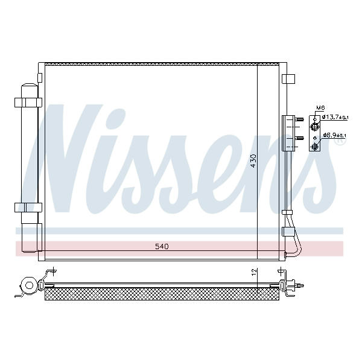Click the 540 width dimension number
(162, 247)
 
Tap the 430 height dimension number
(253, 160)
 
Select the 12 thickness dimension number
(254, 271)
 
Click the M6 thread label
(320, 107)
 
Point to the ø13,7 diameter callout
(335, 117)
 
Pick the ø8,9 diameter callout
(334, 135)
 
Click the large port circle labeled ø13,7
(315, 126)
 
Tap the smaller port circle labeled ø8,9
(315, 146)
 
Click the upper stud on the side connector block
(299, 119)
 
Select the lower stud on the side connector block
(299, 138)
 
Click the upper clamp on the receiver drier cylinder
(28, 103)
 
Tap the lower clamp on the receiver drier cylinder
(28, 208)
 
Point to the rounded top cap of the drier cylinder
(30, 85)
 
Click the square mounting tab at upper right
(288, 79)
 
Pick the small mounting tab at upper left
(40, 78)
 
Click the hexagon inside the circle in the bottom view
(29, 285)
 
